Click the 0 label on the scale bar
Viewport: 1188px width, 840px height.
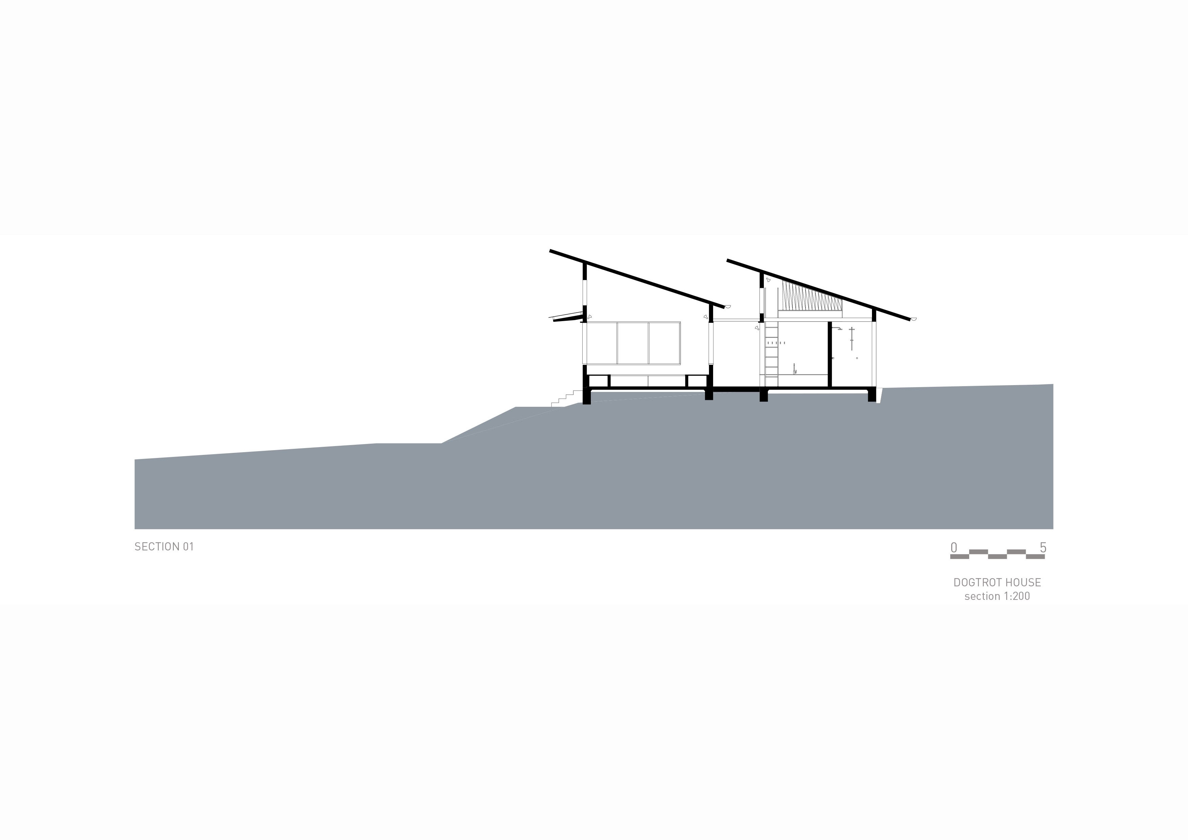(954, 547)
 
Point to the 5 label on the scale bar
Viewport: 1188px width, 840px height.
(1043, 547)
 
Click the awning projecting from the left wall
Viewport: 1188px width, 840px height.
(568, 317)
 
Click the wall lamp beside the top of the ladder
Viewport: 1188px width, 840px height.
(757, 327)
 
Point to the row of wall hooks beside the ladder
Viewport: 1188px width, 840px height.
(778, 342)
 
